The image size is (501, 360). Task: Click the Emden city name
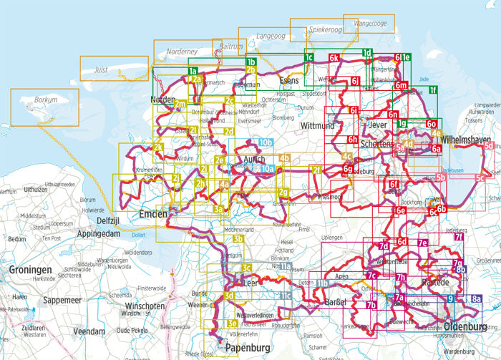click(x=153, y=214)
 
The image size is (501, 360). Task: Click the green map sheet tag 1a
click(x=192, y=70)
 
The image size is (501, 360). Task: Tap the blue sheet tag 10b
click(x=266, y=143)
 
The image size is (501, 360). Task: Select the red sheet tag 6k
click(x=334, y=57)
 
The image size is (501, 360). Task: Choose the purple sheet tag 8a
click(x=477, y=298)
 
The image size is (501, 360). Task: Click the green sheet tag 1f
click(x=432, y=89)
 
